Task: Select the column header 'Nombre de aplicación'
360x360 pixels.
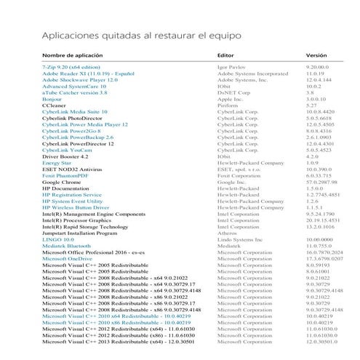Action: [x=72, y=55]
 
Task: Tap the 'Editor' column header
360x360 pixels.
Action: [x=225, y=55]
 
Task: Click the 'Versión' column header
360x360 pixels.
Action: [x=316, y=55]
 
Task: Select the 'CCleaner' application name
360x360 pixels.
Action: [x=55, y=105]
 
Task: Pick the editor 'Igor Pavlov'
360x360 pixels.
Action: [x=232, y=68]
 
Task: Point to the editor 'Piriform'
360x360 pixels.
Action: [x=228, y=105]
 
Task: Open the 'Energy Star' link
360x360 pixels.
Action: [x=57, y=163]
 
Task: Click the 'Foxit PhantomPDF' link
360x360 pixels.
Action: [x=69, y=175]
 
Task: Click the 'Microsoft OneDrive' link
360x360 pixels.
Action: [x=68, y=257]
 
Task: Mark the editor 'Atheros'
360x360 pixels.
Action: [x=227, y=232]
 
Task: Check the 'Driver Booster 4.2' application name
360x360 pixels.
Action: [x=65, y=156]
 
